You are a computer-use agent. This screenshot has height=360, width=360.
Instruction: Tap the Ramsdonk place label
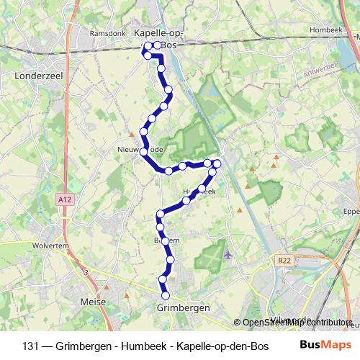[108, 33]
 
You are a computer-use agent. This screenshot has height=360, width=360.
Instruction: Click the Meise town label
[93, 302]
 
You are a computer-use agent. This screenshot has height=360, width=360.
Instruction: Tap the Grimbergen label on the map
[183, 307]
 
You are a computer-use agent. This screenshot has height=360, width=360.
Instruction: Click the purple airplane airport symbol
[228, 254]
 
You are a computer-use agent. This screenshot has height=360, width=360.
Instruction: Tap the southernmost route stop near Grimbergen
[166, 295]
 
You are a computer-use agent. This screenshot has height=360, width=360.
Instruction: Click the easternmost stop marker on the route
[217, 163]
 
